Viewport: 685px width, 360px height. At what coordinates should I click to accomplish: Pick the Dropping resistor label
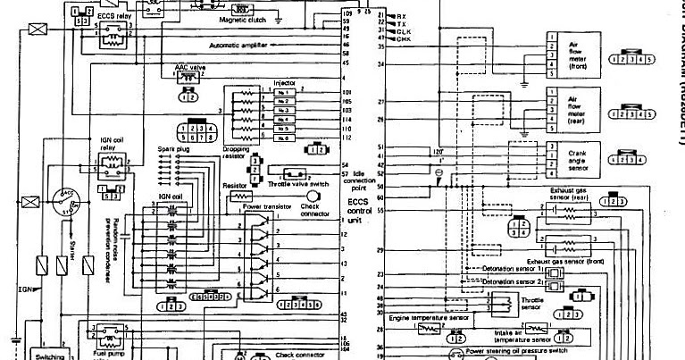pyautogui.click(x=236, y=152)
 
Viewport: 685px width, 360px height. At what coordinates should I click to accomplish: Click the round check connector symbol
pyautogui.click(x=313, y=195)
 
